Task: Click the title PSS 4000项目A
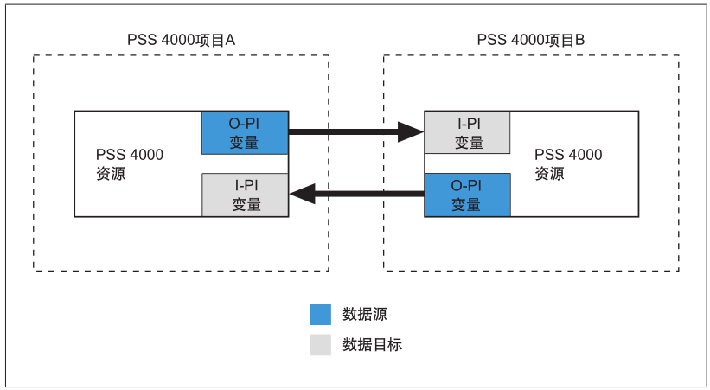click(x=181, y=40)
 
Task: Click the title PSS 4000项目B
click(x=531, y=40)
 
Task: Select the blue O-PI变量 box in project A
click(x=245, y=132)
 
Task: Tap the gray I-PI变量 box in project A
click(x=246, y=195)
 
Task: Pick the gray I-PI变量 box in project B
click(x=467, y=132)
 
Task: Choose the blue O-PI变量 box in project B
click(x=467, y=195)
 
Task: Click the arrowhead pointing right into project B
click(x=410, y=132)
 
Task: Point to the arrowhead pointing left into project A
click(x=302, y=195)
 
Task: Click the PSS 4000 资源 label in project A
click(x=129, y=163)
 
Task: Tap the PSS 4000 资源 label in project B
click(x=567, y=163)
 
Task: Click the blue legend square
click(x=320, y=314)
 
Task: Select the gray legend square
click(x=320, y=344)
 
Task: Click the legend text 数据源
click(x=366, y=314)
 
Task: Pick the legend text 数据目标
click(x=373, y=344)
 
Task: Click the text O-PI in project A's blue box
click(x=245, y=124)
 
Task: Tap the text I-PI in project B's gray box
click(x=467, y=124)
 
